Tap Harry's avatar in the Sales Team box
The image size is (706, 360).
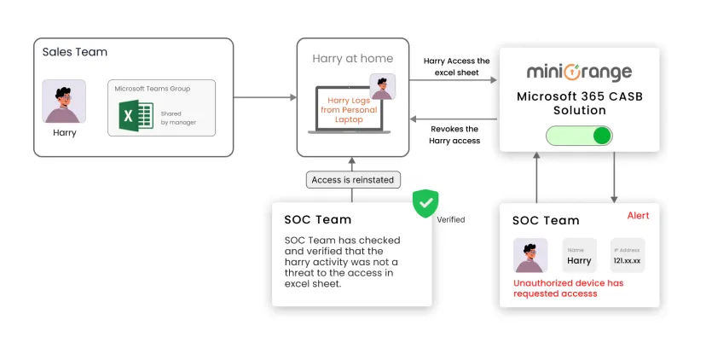pyautogui.click(x=64, y=102)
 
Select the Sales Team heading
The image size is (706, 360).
pyautogui.click(x=75, y=52)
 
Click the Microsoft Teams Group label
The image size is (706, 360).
pyautogui.click(x=153, y=89)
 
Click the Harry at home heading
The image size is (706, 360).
pyautogui.click(x=352, y=59)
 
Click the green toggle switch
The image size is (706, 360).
pyautogui.click(x=579, y=136)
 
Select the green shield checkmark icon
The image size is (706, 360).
pyautogui.click(x=425, y=204)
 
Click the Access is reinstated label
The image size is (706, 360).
pyautogui.click(x=351, y=180)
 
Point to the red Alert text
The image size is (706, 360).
pyautogui.click(x=638, y=216)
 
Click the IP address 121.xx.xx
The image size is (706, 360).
pyautogui.click(x=628, y=260)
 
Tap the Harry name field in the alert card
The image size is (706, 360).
pyautogui.click(x=579, y=260)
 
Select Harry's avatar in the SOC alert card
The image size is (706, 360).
pyautogui.click(x=530, y=255)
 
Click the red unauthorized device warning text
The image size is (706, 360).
pyautogui.click(x=568, y=288)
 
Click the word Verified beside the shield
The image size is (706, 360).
pyautogui.click(x=451, y=219)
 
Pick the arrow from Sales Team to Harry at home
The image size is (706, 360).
pyautogui.click(x=264, y=97)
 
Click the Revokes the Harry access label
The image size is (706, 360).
pyautogui.click(x=455, y=135)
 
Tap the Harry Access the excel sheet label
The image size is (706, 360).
pyautogui.click(x=456, y=67)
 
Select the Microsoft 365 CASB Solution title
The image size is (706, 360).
pyautogui.click(x=579, y=103)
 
